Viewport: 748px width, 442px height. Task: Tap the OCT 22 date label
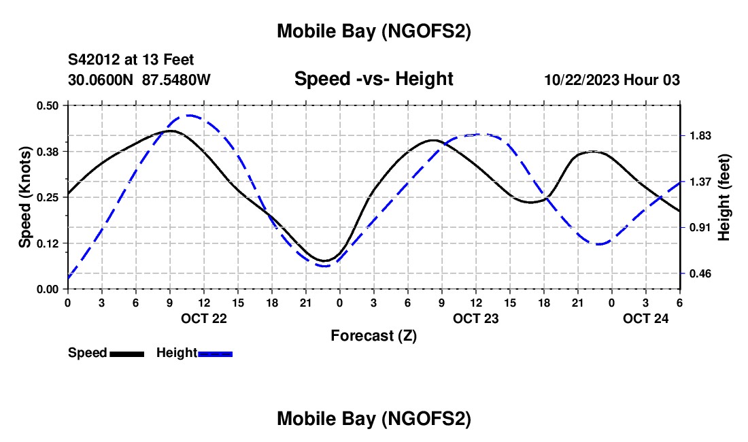(204, 318)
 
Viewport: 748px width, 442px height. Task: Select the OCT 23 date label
(476, 318)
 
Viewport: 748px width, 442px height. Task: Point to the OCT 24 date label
(646, 318)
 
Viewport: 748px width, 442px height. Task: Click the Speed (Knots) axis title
(25, 197)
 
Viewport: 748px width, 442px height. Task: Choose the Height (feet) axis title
(724, 197)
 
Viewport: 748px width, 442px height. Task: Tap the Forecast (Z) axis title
(373, 335)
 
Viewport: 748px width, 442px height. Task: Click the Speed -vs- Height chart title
(373, 79)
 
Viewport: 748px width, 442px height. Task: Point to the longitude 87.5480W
(176, 80)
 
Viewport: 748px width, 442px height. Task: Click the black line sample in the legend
(126, 354)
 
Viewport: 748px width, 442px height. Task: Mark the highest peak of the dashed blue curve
(189, 116)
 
